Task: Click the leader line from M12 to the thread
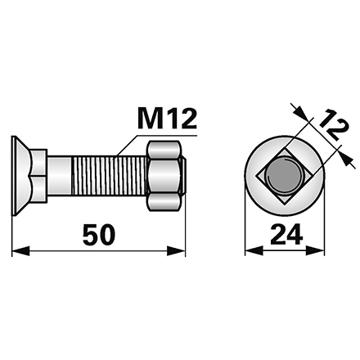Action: click(131, 142)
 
